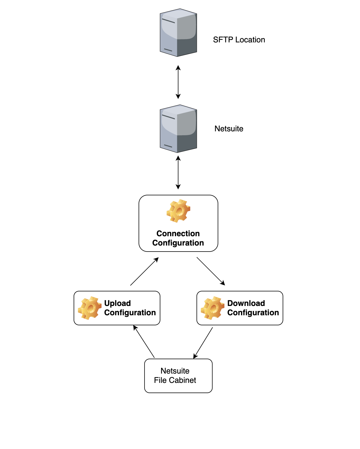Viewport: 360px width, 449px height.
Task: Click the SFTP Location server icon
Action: click(x=178, y=32)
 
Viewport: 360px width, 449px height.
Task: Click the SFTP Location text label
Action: click(x=239, y=40)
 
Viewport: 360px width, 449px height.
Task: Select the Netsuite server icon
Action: click(x=178, y=129)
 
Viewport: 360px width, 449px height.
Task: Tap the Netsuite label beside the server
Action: click(x=229, y=129)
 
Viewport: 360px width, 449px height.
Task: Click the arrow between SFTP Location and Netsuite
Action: click(x=178, y=82)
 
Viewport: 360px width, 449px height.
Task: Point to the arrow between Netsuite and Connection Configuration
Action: click(x=178, y=173)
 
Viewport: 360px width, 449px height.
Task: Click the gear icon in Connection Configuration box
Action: click(x=178, y=211)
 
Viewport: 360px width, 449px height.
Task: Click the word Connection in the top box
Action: click(x=178, y=234)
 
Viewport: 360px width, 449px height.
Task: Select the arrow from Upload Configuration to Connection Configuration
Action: click(x=144, y=271)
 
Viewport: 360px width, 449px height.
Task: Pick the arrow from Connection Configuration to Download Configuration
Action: click(x=211, y=271)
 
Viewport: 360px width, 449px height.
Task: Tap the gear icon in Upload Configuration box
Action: click(x=90, y=308)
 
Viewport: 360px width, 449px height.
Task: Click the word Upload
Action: click(x=117, y=303)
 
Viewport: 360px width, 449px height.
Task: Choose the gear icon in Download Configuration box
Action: click(x=212, y=308)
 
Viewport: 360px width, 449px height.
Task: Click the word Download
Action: click(x=246, y=303)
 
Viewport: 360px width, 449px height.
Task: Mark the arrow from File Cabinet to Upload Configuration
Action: click(x=144, y=342)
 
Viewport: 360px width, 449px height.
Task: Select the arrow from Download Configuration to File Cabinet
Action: click(x=203, y=343)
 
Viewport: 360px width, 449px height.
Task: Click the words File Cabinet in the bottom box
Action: click(x=175, y=380)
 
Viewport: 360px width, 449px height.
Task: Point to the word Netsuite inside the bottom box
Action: click(x=175, y=371)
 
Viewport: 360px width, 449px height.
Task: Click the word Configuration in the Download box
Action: click(x=253, y=313)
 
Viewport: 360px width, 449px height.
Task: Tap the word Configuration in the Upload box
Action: click(x=130, y=313)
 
